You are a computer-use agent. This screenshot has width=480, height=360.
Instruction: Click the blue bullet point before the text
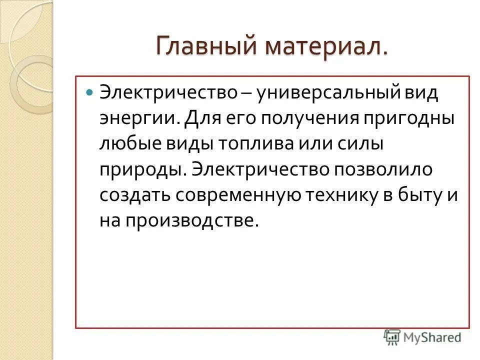(x=90, y=93)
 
